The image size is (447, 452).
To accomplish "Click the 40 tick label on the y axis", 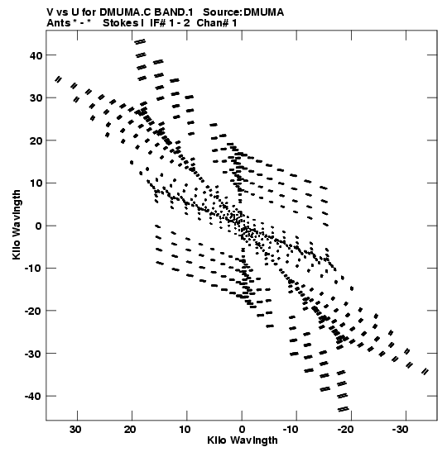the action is (36, 55).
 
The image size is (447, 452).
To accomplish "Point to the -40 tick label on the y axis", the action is (33, 397).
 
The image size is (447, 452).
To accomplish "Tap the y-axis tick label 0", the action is (38, 226).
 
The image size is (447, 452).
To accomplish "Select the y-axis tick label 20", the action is (36, 140).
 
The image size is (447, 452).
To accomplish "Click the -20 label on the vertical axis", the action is (33, 311).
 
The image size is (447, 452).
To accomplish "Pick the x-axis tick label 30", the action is (75, 430).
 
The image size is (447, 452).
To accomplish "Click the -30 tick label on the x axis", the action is (400, 430).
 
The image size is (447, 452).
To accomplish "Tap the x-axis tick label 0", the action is (242, 430).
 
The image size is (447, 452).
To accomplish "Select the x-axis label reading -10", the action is (291, 430).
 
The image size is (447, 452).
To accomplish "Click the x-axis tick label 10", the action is (185, 430).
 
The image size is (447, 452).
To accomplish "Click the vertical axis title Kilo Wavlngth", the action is (17, 225).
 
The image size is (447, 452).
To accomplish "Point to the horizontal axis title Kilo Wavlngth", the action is (243, 440).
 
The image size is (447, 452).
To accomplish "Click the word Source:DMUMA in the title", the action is (243, 12).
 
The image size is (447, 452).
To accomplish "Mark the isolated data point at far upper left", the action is (58, 79).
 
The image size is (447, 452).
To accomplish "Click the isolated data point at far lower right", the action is (425, 372).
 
